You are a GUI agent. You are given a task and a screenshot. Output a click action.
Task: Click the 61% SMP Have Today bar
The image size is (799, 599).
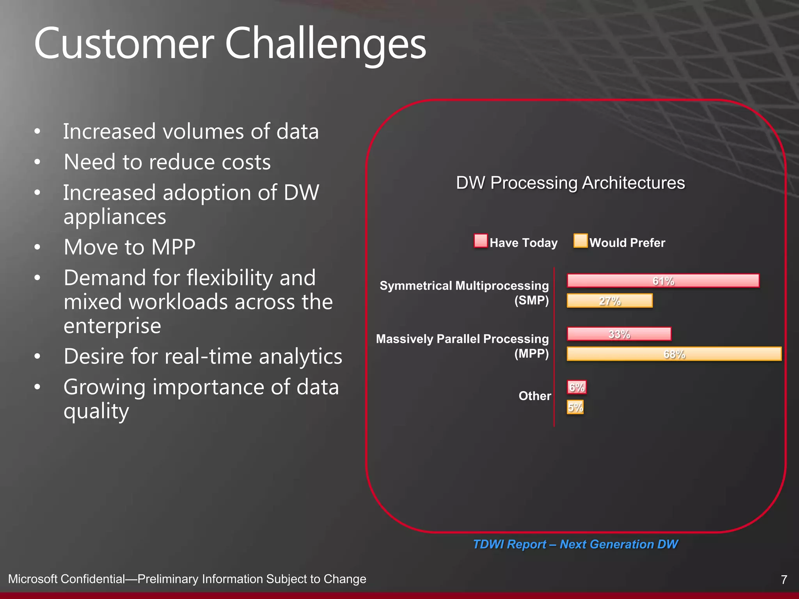point(663,281)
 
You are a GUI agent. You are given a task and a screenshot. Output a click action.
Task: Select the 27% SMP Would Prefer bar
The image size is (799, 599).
point(609,301)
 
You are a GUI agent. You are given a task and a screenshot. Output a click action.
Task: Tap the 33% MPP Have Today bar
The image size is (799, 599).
point(619,334)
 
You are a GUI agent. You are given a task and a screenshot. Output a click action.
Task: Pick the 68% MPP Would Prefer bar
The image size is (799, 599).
point(674,354)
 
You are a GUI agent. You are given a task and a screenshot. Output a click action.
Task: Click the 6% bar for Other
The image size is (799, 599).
point(576,387)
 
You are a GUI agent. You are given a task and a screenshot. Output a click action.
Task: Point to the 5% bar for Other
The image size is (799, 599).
point(575,408)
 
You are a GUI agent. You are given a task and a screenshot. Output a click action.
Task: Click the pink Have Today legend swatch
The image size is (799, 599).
point(481,241)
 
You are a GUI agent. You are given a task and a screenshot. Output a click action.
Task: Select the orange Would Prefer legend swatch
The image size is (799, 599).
point(580,241)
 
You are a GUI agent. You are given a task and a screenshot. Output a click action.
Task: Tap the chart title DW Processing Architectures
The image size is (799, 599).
point(570,183)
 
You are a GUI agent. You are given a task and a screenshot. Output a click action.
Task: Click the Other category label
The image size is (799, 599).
point(534,396)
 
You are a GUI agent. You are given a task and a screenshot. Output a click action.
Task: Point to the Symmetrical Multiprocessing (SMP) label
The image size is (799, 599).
point(464,293)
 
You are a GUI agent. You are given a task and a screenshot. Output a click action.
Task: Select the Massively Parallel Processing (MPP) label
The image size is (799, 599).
point(462,346)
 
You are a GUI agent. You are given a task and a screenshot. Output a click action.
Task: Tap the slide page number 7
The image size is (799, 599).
point(784,580)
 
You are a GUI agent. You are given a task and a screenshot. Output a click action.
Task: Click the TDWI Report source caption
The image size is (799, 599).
point(575,544)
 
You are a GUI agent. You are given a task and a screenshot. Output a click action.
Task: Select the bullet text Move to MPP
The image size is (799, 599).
point(130,247)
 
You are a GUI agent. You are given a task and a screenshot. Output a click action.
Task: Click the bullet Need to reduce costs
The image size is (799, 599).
point(167,162)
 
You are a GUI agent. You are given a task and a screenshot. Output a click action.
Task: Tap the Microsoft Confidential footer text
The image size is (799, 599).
point(187,579)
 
